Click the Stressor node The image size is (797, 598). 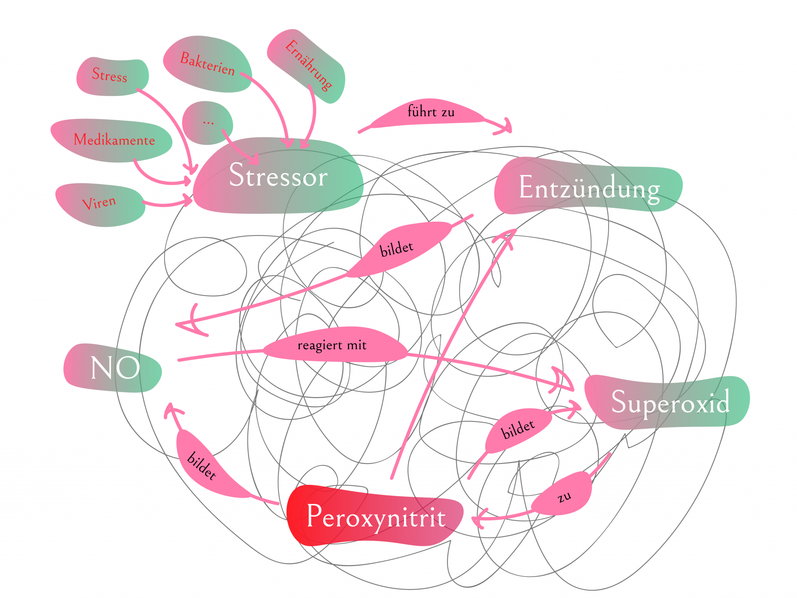[x=278, y=176]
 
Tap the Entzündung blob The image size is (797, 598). [x=588, y=187]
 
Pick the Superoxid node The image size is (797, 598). [x=669, y=402]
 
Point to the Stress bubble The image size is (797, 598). [x=111, y=75]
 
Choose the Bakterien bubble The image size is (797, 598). [x=207, y=64]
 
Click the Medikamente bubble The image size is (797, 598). [x=114, y=140]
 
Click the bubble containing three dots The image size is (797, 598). [x=208, y=123]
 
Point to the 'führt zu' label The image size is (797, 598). [x=430, y=112]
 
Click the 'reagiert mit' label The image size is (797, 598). [x=332, y=345]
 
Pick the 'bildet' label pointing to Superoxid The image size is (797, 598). [x=518, y=429]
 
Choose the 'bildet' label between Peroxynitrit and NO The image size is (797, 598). [x=202, y=465]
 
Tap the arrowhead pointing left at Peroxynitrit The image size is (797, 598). [x=477, y=519]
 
